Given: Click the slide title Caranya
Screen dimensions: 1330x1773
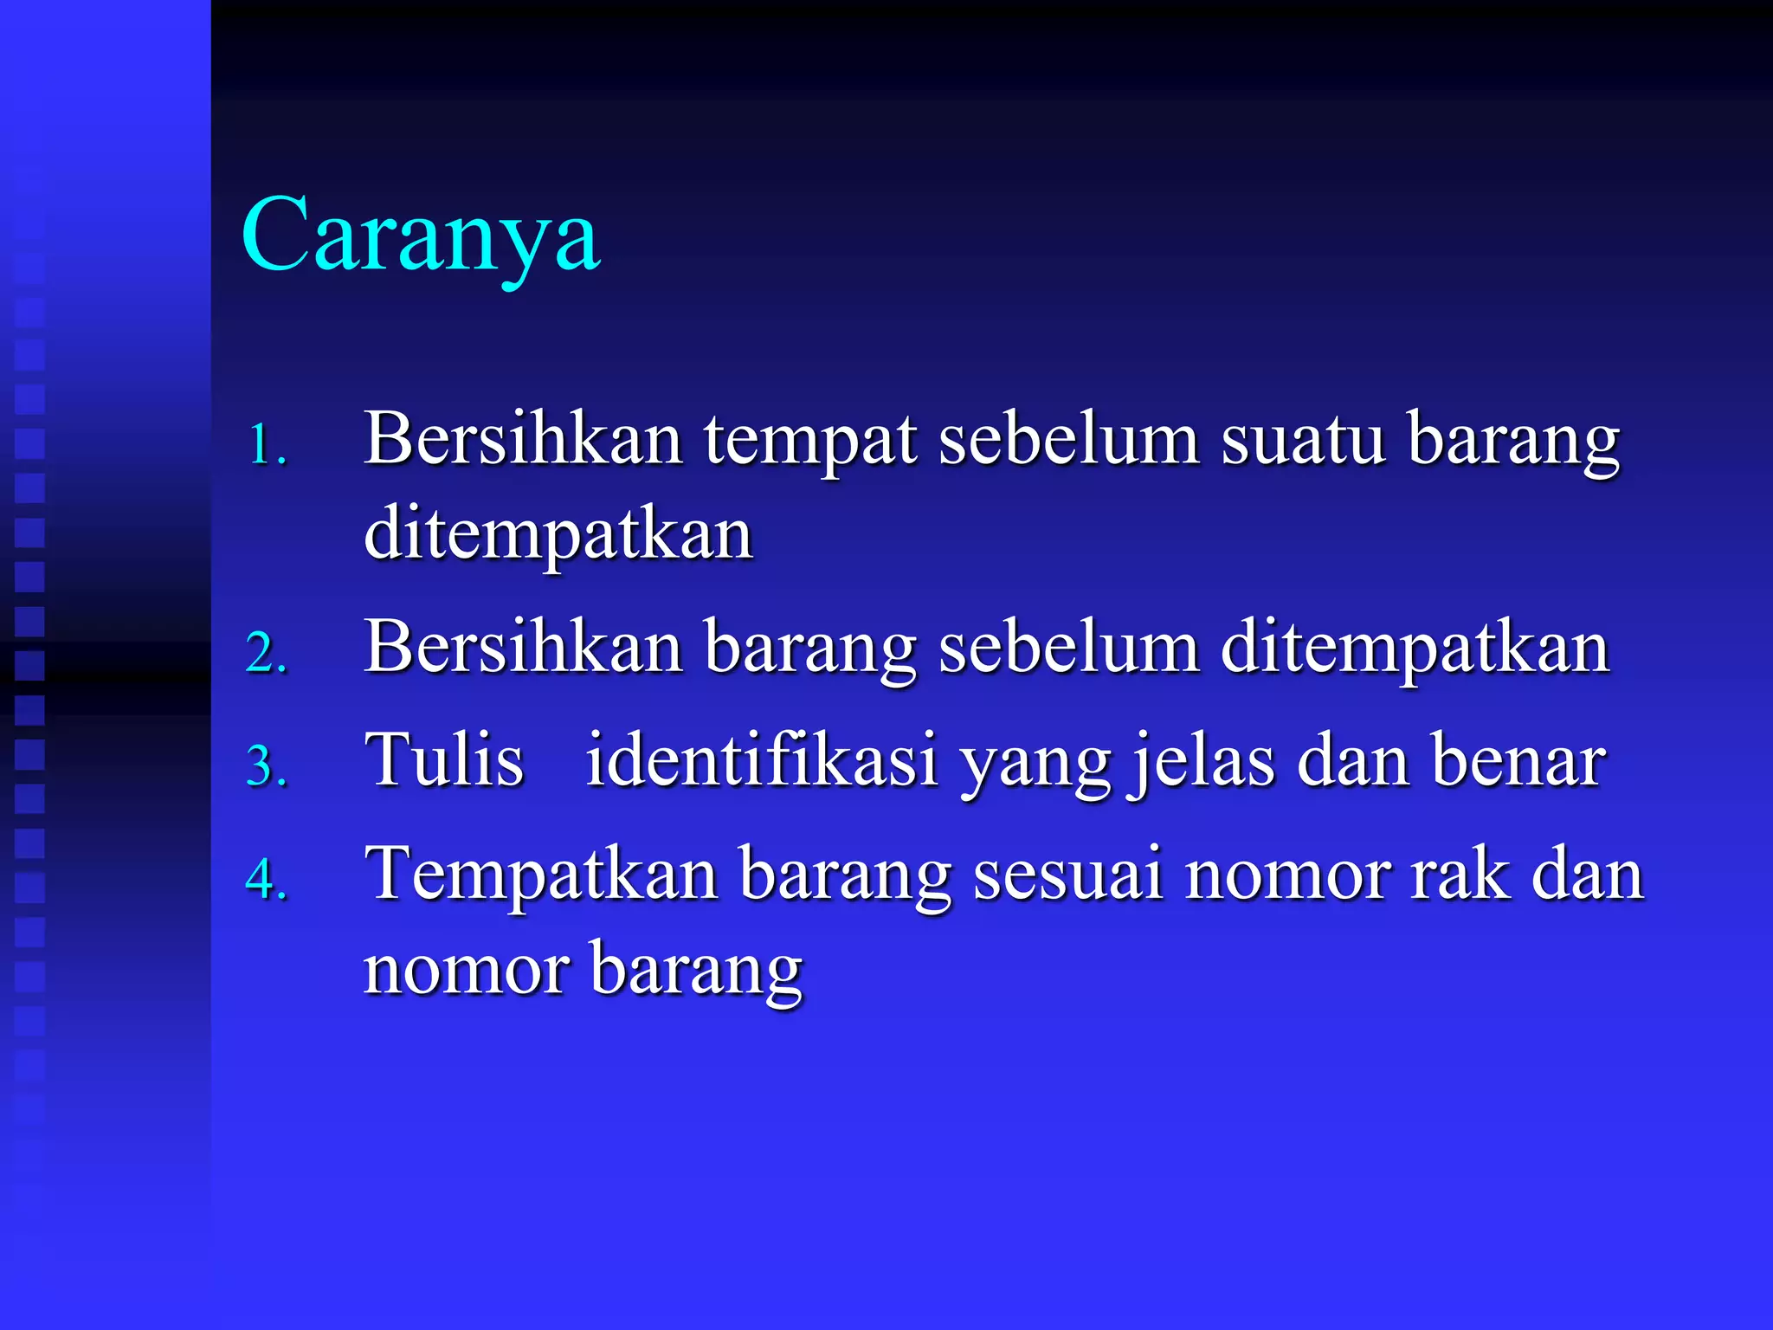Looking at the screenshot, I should coord(420,236).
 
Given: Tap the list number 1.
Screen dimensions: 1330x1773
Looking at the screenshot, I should coord(266,446).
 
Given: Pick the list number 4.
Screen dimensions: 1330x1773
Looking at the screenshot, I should coord(266,880).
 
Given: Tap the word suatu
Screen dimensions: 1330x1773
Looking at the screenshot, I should coord(1303,440).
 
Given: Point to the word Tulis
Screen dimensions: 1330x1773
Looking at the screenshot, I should coord(444,760).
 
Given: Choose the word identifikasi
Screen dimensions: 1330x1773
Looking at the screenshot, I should coord(762,760).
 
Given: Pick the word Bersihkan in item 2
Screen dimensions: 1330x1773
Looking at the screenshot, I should coord(523,648).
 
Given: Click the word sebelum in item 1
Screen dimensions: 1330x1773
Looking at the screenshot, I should coord(1068,440).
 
